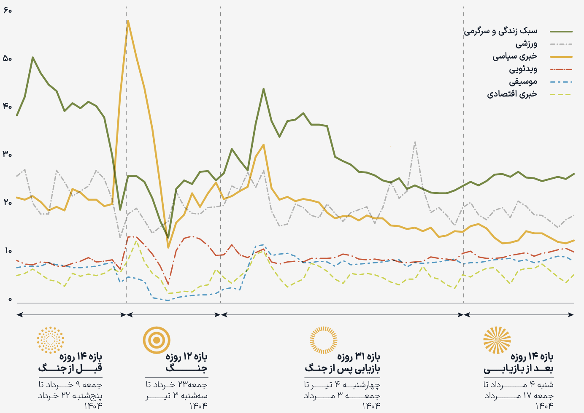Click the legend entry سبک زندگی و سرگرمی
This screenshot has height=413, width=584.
500,31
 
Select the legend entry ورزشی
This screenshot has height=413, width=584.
526,44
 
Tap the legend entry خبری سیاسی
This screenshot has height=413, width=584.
515,56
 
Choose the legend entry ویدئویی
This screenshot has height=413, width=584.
523,69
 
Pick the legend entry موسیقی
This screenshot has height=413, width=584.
523,82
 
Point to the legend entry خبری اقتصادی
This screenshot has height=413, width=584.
512,94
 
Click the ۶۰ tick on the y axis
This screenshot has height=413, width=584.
7,10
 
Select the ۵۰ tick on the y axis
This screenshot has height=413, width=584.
7,59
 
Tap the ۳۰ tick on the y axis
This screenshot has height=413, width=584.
7,155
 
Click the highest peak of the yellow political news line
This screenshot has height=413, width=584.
128,21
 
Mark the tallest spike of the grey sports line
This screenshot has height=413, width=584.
415,142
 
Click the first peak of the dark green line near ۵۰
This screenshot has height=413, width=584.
32,57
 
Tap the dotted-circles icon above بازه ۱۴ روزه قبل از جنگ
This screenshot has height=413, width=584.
51,340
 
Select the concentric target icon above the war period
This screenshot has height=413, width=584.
157,340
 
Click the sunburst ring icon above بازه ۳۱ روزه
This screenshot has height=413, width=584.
324,340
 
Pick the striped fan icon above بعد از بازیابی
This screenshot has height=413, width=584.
497,340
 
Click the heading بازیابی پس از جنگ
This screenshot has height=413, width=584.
342,369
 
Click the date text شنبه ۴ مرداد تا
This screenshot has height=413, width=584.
519,385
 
